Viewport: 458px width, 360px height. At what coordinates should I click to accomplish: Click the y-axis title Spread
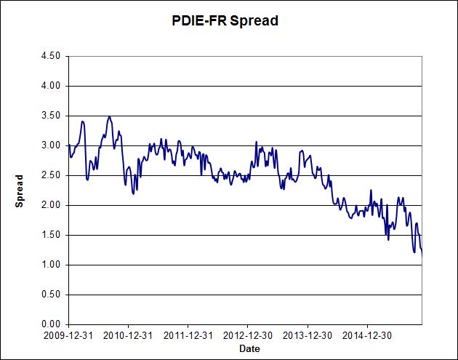point(20,191)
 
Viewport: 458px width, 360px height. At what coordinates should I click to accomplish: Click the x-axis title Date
point(249,349)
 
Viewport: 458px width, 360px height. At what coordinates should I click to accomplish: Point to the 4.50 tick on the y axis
point(50,56)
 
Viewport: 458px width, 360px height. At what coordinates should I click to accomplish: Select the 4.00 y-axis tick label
point(50,86)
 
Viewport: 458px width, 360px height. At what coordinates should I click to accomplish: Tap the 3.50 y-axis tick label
point(50,116)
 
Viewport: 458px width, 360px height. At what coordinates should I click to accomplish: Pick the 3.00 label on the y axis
point(50,145)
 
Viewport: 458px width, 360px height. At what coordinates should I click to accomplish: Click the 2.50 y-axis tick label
point(50,175)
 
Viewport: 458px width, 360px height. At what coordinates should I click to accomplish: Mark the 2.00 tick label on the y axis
point(50,205)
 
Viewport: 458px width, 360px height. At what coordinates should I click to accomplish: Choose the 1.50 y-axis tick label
point(50,235)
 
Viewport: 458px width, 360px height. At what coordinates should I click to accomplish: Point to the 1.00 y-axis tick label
point(50,265)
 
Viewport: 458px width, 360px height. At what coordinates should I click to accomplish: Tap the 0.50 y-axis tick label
point(50,295)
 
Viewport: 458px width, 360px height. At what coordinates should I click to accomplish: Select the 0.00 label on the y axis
point(50,324)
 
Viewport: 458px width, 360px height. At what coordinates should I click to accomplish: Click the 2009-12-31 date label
point(68,336)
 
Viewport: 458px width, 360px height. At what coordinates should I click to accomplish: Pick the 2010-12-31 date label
point(128,336)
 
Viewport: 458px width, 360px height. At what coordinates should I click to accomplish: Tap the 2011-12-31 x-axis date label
point(188,336)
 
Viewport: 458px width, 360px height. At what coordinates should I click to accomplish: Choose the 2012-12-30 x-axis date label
point(247,336)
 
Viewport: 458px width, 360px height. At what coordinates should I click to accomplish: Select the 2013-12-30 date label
point(307,336)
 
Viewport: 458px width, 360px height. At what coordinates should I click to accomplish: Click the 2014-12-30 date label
point(366,336)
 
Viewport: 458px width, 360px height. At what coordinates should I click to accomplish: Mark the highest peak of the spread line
point(109,116)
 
